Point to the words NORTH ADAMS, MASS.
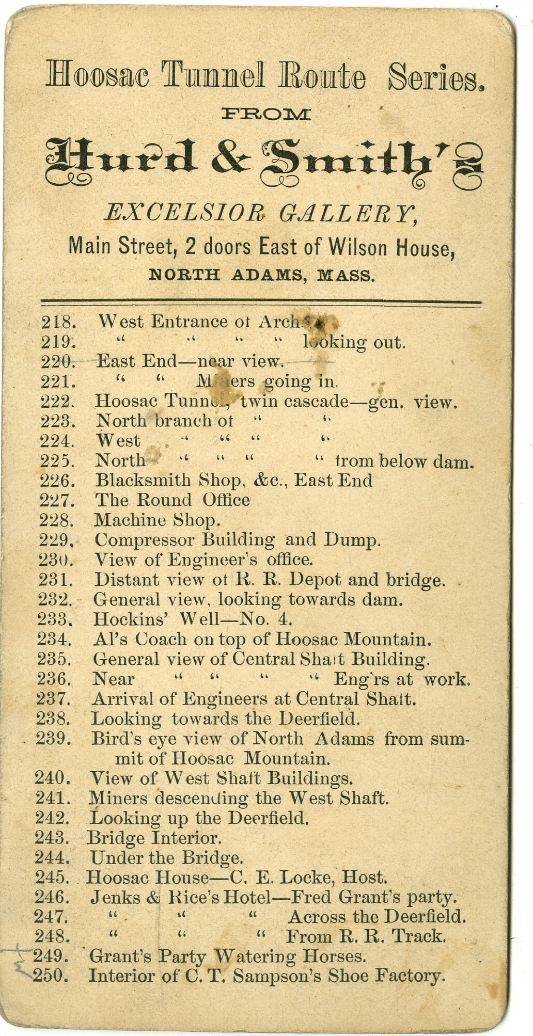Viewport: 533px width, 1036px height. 261,275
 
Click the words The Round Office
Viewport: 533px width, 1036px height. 172,500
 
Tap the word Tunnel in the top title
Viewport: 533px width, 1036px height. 213,76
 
